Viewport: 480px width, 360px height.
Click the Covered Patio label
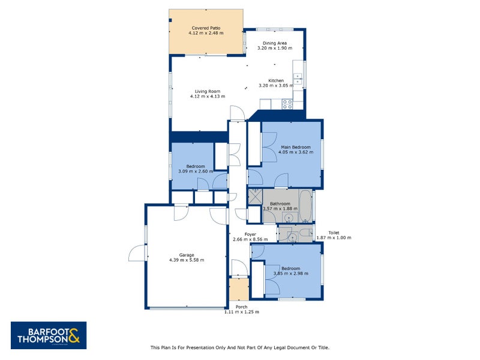(x=206, y=28)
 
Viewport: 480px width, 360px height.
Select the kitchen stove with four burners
(x=287, y=103)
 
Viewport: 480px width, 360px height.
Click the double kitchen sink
(x=297, y=79)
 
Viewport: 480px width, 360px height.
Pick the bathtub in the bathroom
(x=304, y=205)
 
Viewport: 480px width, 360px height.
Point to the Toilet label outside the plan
(x=334, y=233)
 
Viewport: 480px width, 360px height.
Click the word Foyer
(x=250, y=235)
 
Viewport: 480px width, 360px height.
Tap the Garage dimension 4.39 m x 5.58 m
(x=187, y=260)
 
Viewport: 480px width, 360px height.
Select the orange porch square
(x=239, y=289)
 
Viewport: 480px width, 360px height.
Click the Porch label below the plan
(x=241, y=307)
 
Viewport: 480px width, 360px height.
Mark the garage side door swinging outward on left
(x=137, y=253)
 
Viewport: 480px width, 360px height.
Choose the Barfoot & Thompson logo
(x=49, y=335)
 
